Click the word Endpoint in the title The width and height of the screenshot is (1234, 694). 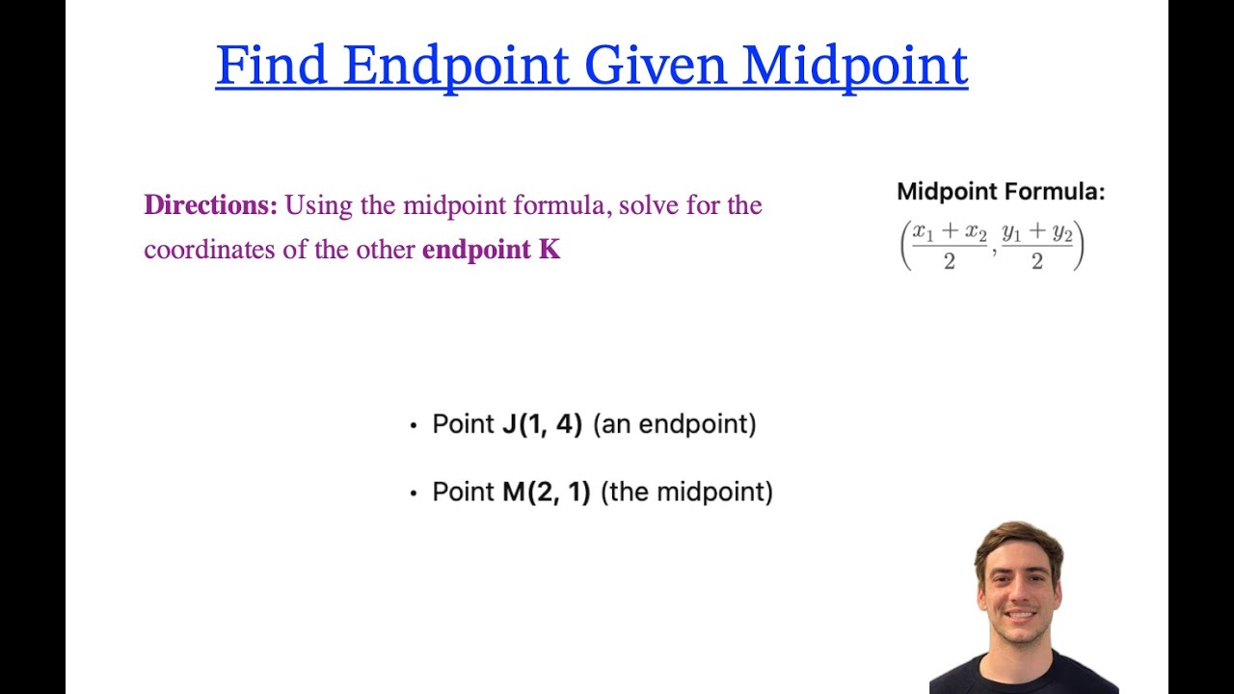(456, 66)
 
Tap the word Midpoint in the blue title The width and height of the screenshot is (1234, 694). (855, 66)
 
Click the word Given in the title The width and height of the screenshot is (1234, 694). (657, 66)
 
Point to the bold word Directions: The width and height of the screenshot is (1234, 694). (210, 205)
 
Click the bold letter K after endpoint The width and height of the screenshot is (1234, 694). (550, 251)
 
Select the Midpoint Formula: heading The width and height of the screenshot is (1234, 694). (1001, 192)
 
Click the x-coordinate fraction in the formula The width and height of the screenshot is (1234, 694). (950, 246)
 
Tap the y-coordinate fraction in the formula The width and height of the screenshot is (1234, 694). (1037, 246)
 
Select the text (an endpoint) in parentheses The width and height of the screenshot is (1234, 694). (674, 424)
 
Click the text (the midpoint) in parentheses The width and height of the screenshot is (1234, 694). (686, 492)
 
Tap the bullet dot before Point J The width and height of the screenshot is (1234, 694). (414, 425)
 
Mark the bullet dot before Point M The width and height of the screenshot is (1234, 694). (414, 493)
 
